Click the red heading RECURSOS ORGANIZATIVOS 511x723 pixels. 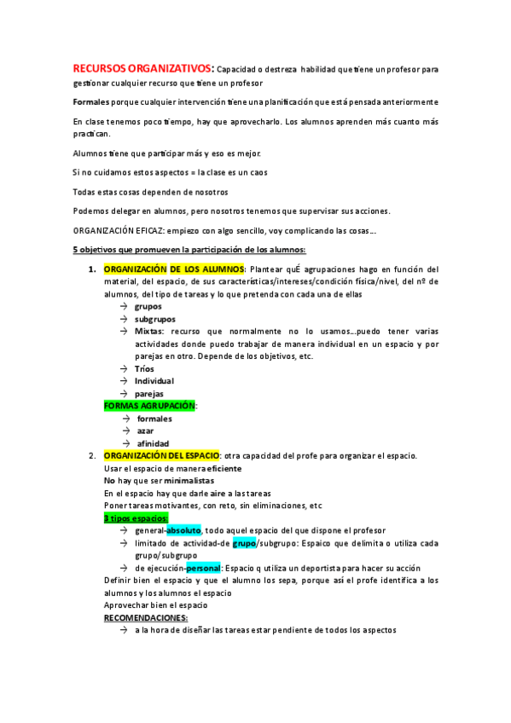click(x=142, y=68)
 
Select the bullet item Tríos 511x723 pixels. click(x=144, y=368)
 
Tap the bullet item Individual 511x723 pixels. click(x=154, y=381)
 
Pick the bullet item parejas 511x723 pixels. click(x=149, y=393)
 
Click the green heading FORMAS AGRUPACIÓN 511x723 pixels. click(x=148, y=406)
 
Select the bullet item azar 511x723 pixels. click(x=147, y=431)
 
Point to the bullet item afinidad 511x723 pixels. click(x=153, y=443)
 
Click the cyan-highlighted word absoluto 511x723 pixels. click(x=183, y=529)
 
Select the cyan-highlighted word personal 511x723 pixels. click(x=204, y=568)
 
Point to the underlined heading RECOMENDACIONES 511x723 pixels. click(x=145, y=617)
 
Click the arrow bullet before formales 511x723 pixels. click(x=125, y=419)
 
